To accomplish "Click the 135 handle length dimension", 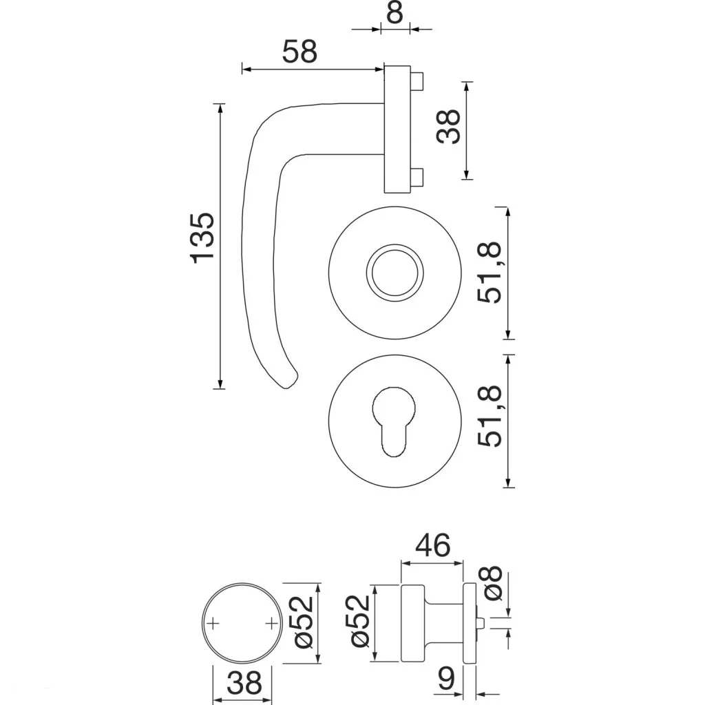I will click(203, 238).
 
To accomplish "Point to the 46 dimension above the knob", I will click(432, 545).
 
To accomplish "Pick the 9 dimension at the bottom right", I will click(447, 681).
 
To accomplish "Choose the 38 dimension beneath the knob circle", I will click(244, 684).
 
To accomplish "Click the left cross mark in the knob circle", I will click(214, 624).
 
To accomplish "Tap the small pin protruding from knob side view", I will click(483, 625).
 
